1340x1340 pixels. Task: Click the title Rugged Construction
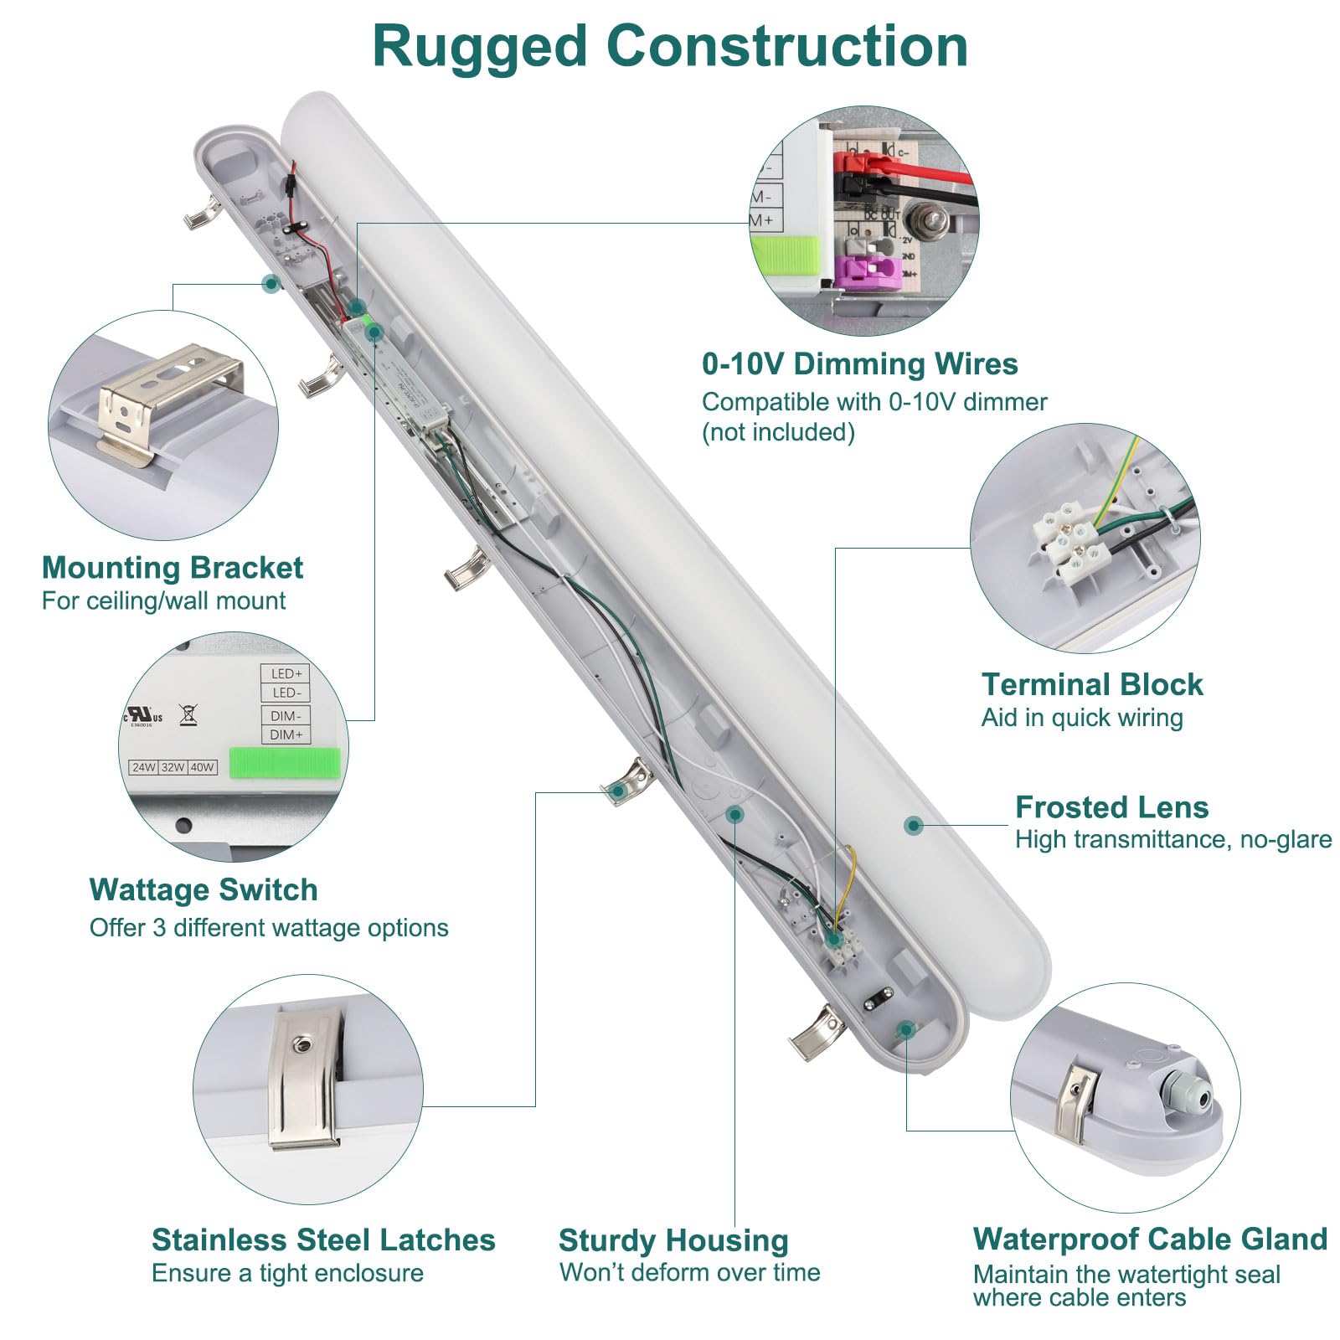[x=670, y=46]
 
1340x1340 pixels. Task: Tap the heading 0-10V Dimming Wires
[x=859, y=364]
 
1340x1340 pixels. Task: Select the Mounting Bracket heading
[x=172, y=568]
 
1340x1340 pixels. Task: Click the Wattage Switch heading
[x=204, y=889]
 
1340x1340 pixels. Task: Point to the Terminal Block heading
[x=1091, y=685]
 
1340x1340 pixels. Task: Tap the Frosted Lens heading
[x=1111, y=807]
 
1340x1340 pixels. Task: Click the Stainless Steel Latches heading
[x=323, y=1239]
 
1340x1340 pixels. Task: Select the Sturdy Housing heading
[x=673, y=1240]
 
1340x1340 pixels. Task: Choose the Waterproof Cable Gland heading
[x=1150, y=1239]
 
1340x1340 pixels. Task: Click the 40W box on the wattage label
[x=203, y=767]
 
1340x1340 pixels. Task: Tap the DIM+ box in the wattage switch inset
[x=286, y=734]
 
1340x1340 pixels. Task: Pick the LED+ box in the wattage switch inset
[x=286, y=673]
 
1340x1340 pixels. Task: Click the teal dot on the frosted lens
[x=914, y=826]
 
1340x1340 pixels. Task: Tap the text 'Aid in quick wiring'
[x=1081, y=718]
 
